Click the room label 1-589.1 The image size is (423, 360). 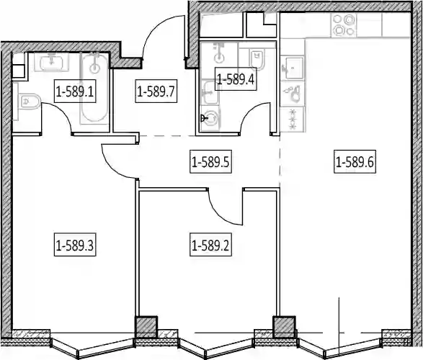click(75, 91)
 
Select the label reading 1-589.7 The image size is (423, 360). click(156, 91)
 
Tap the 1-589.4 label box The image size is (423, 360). click(236, 78)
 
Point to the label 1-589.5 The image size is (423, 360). click(210, 162)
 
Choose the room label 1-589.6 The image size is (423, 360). click(355, 162)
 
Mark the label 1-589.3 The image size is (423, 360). click(75, 245)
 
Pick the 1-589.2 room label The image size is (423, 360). click(210, 245)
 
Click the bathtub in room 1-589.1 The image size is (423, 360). click(94, 89)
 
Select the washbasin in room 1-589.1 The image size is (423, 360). click(51, 62)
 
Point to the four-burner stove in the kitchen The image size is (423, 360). click(343, 25)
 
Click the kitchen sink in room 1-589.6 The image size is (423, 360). click(293, 68)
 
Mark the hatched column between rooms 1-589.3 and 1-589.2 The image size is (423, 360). click(146, 327)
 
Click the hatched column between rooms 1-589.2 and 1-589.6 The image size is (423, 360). click(284, 327)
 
